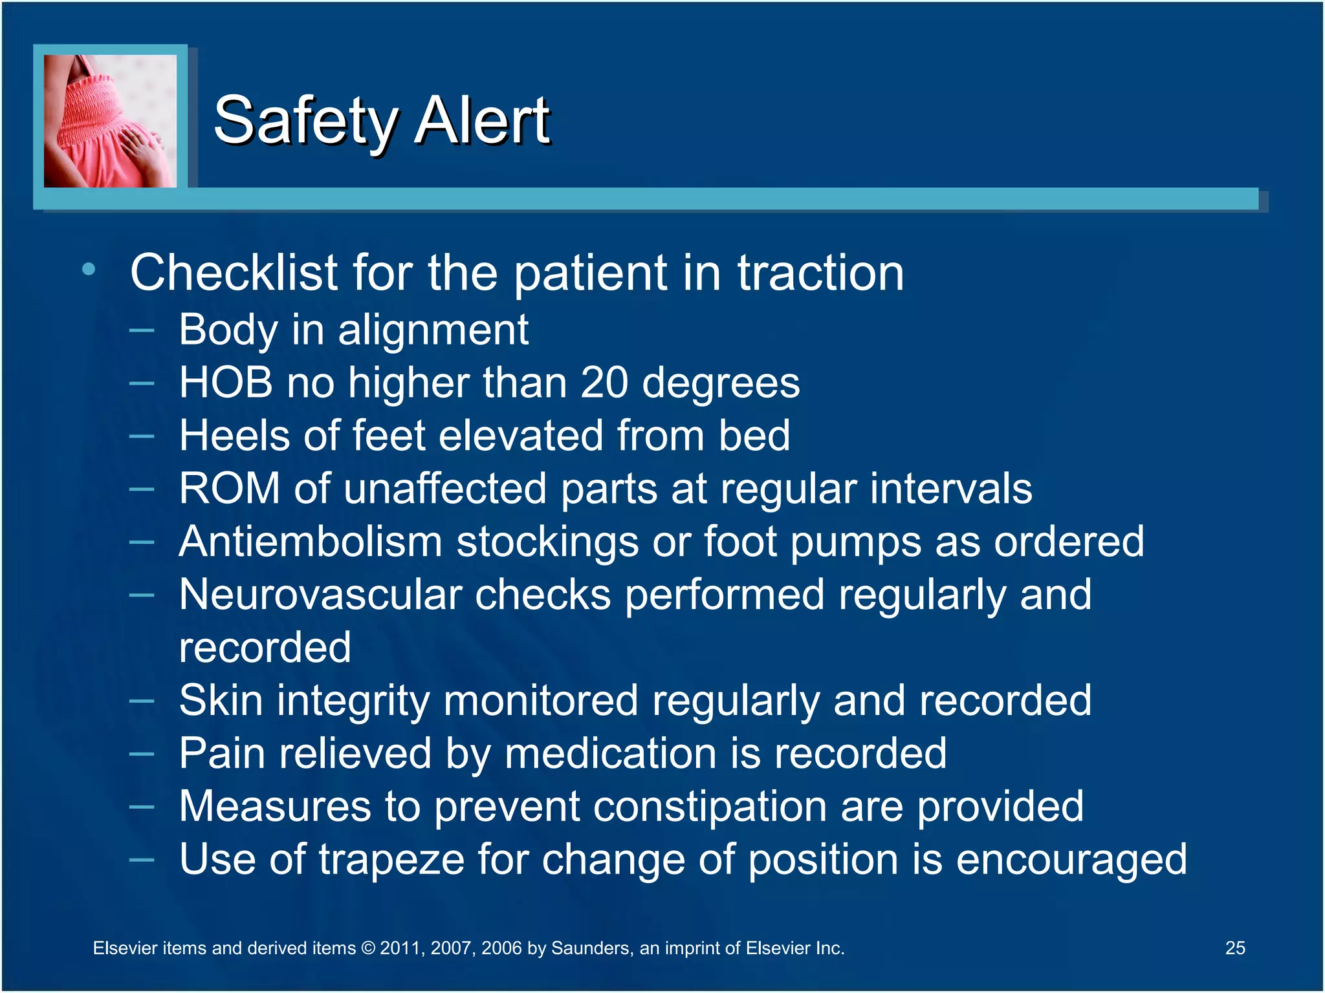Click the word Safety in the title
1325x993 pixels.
[x=305, y=121]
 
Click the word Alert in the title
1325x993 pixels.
[x=482, y=121]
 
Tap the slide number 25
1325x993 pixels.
[x=1234, y=948]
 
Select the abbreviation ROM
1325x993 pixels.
[x=230, y=488]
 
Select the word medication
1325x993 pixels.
[x=610, y=754]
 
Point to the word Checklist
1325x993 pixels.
[x=234, y=273]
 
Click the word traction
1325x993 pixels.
[x=820, y=273]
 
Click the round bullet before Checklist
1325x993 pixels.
[x=89, y=270]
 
